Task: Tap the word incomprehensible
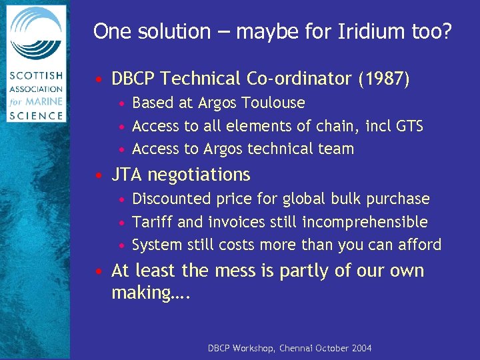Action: pos(366,222)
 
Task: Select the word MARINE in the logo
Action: pos(44,103)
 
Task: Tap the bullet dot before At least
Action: pos(99,272)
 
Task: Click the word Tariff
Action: pos(153,222)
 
